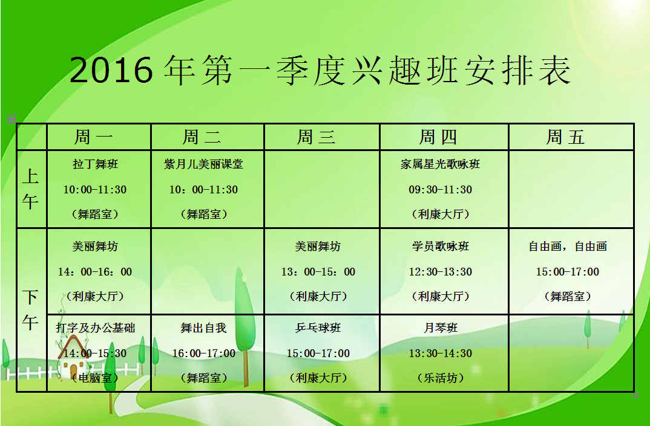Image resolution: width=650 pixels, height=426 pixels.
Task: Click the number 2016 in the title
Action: pyautogui.click(x=111, y=70)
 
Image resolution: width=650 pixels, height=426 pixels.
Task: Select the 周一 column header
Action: pyautogui.click(x=94, y=137)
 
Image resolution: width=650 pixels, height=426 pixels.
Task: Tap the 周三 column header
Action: pyautogui.click(x=317, y=137)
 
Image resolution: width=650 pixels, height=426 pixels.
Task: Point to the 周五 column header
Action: pyautogui.click(x=565, y=137)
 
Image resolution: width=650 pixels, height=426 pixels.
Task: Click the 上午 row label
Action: pyautogui.click(x=30, y=189)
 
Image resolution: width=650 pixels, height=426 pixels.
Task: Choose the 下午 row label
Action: pyautogui.click(x=30, y=309)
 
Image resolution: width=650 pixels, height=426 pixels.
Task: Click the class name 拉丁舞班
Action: pyautogui.click(x=96, y=164)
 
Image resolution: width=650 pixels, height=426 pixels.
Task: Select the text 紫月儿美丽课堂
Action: pyautogui.click(x=203, y=164)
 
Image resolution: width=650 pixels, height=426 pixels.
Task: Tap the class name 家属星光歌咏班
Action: pyautogui.click(x=440, y=164)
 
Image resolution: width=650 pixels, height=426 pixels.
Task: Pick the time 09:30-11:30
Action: pyautogui.click(x=440, y=190)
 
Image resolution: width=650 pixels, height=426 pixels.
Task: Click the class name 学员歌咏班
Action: pyautogui.click(x=440, y=247)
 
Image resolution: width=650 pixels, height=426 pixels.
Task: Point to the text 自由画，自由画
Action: pyautogui.click(x=568, y=247)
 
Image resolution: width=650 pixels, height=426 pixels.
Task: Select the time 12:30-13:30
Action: pyautogui.click(x=440, y=271)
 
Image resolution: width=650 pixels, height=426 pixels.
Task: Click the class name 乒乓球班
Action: pyautogui.click(x=318, y=328)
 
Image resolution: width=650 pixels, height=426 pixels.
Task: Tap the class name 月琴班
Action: pyautogui.click(x=440, y=328)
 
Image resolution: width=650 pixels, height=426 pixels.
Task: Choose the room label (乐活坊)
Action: pyautogui.click(x=440, y=378)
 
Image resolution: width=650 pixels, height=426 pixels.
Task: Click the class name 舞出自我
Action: pyautogui.click(x=203, y=328)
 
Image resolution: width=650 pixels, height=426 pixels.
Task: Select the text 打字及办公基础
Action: pyautogui.click(x=96, y=328)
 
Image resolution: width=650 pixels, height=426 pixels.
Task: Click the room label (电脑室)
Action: pyautogui.click(x=96, y=378)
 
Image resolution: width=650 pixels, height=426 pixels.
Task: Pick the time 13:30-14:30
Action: pyautogui.click(x=440, y=353)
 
